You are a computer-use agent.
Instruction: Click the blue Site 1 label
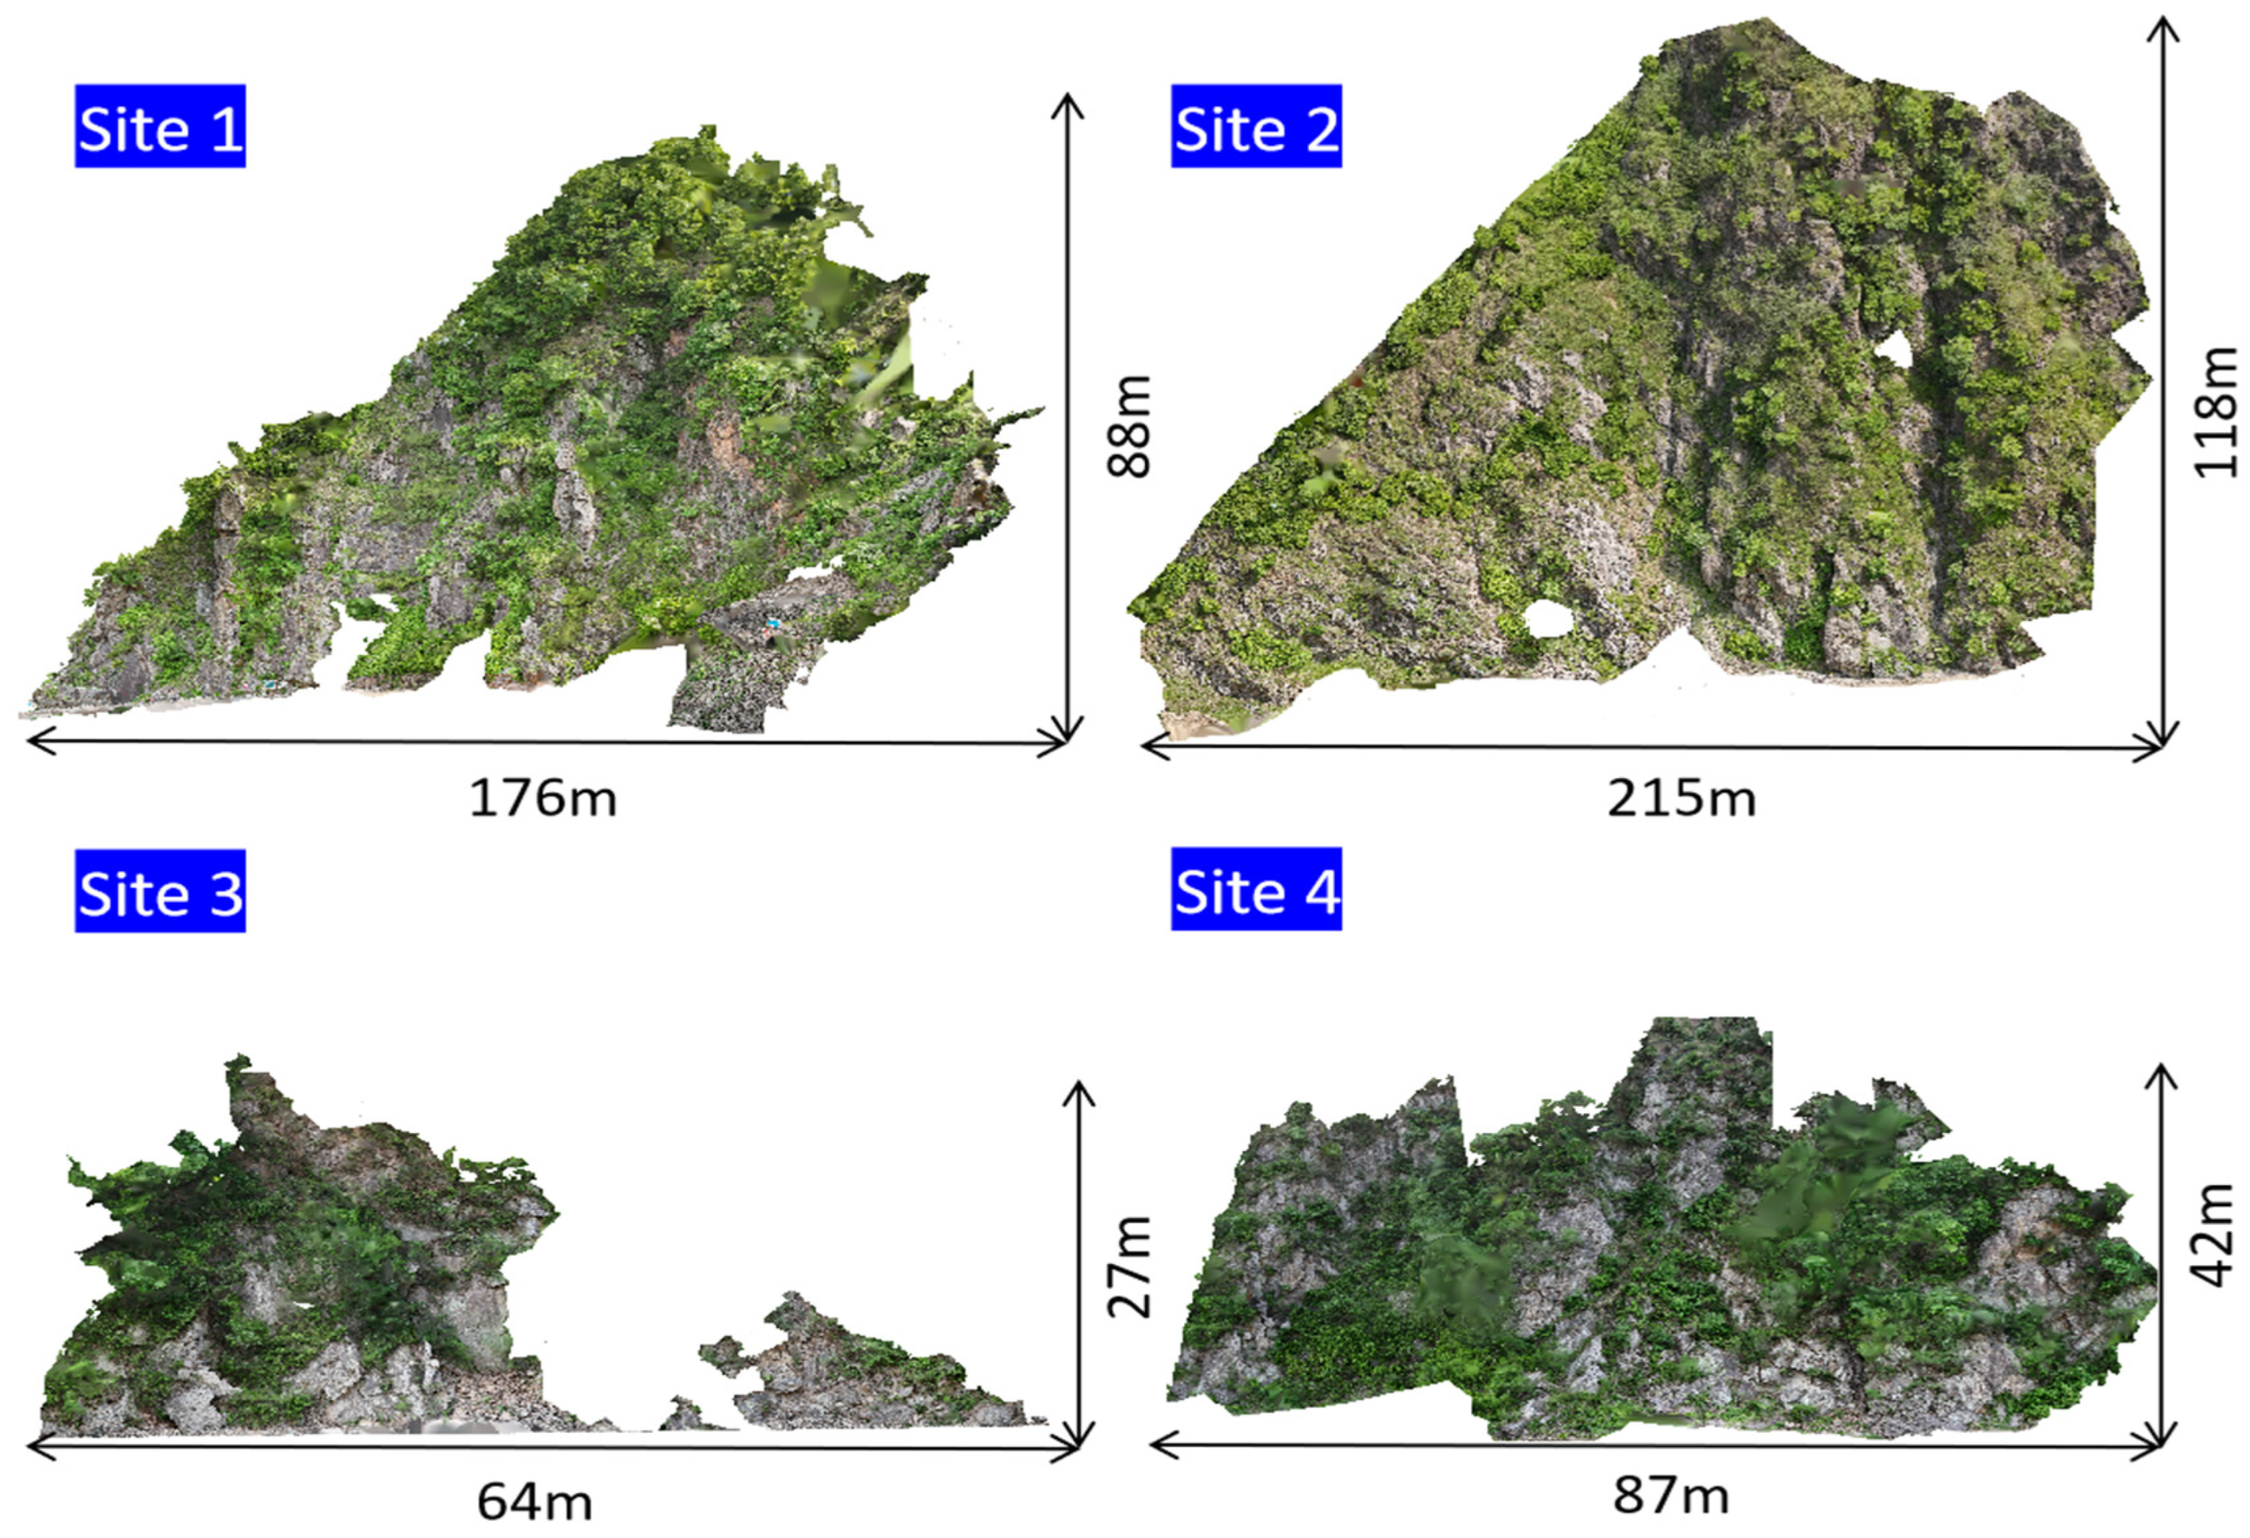160,126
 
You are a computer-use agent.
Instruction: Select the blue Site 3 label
160,891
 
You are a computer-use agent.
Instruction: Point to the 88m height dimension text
1130,426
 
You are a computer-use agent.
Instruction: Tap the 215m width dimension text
1680,798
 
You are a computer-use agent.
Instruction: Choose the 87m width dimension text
1670,1494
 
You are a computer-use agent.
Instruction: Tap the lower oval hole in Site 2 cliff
1547,619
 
